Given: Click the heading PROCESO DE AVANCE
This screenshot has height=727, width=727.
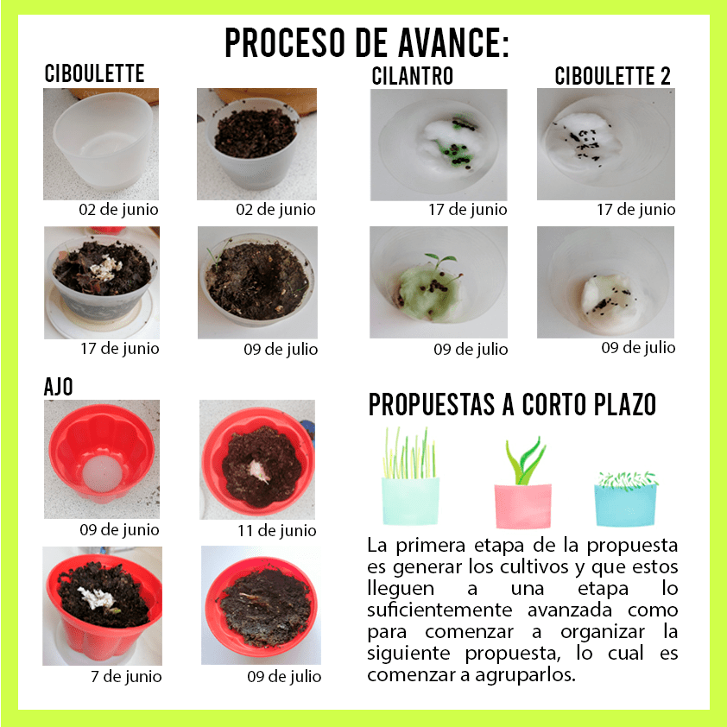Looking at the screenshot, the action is click(x=367, y=42).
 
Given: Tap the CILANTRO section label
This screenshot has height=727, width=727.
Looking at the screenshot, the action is click(x=412, y=76).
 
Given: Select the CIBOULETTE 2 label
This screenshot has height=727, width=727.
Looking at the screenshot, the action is click(x=612, y=76).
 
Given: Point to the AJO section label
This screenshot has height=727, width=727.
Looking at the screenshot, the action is click(x=59, y=386).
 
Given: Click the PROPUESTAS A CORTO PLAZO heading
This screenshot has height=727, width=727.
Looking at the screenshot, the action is click(x=512, y=404).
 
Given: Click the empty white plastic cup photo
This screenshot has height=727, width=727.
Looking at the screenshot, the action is click(x=101, y=143).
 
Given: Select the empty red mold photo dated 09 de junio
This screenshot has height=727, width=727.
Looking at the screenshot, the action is click(x=102, y=459).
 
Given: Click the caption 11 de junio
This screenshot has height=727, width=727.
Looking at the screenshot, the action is click(x=277, y=530).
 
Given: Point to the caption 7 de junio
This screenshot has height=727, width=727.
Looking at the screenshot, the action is click(x=126, y=676).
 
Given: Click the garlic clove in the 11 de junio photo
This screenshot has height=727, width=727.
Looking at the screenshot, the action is click(x=258, y=471).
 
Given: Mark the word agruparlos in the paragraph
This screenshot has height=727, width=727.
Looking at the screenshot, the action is click(x=525, y=675).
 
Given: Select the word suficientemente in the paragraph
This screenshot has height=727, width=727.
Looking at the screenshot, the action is click(x=439, y=610).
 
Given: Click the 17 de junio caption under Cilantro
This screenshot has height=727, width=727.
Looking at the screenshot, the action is click(x=467, y=210).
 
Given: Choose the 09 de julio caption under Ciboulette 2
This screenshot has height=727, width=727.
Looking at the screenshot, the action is click(x=638, y=348).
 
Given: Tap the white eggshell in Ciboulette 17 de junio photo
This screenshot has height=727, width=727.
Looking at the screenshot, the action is click(x=107, y=268).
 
